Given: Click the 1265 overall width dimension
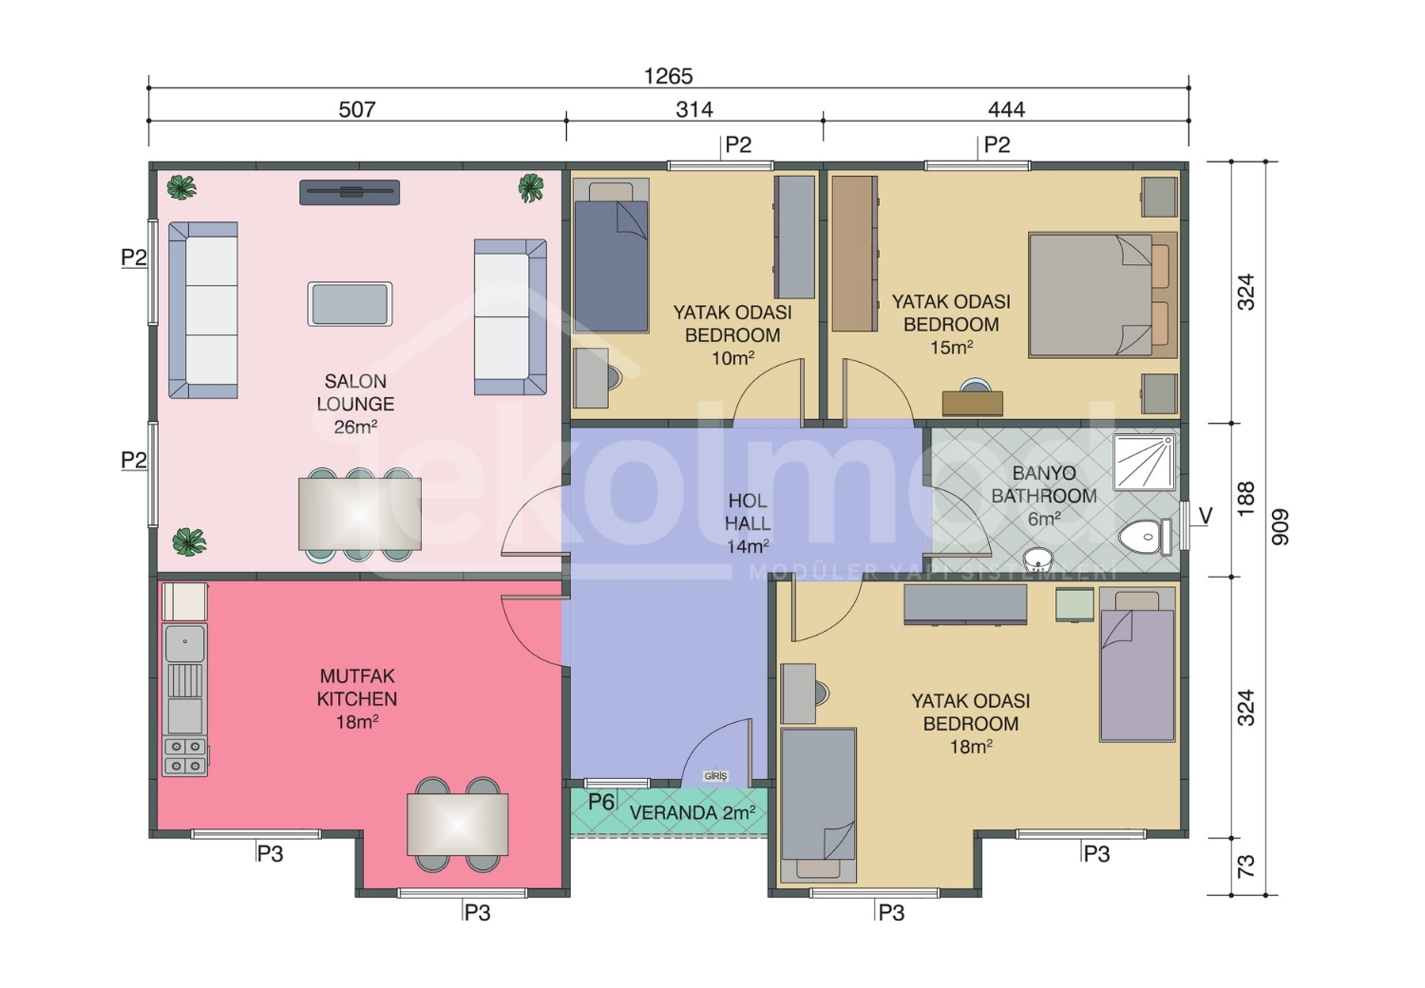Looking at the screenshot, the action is coord(668,76).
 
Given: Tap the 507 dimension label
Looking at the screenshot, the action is coord(357,109).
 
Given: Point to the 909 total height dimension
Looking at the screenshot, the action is coord(1280,526).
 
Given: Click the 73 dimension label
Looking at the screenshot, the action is coord(1245,865).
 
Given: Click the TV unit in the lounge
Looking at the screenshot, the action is coord(350,192).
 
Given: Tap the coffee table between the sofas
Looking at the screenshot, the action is coord(350,304).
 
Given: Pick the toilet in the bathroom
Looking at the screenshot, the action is coord(1145,538).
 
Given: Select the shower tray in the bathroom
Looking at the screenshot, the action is coord(1145,463).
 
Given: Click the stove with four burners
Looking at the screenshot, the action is coord(185,756).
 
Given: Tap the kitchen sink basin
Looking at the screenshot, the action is coord(185,643).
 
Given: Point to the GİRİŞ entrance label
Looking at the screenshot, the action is coord(715,776).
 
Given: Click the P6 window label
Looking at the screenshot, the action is coord(601,802).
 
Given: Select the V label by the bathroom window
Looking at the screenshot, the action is coord(1205,515).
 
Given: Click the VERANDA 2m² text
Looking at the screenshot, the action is coord(693,812).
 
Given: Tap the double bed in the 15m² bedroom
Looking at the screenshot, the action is coord(1102,294).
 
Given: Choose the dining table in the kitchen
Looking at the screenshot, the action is coord(457,825).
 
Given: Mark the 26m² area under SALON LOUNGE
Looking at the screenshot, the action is coord(355,427).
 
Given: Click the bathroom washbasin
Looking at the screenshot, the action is coord(1037,560).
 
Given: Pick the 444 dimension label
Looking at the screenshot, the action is coord(1006,109).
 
